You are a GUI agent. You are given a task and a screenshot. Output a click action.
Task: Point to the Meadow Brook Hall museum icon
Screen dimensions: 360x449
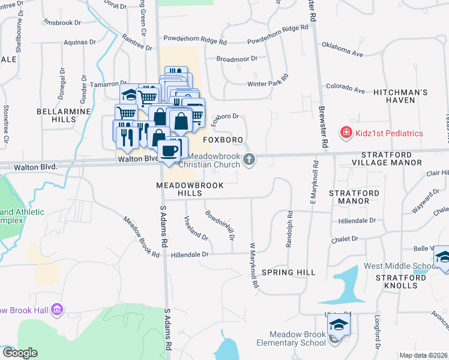(x=58, y=310)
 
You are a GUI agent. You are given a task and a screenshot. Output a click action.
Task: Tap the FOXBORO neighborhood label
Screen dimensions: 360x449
(x=223, y=140)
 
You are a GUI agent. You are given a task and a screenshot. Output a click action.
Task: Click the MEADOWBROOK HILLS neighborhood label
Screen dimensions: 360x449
(x=190, y=190)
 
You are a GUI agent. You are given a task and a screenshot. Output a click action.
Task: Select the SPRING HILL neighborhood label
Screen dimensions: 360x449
(x=293, y=272)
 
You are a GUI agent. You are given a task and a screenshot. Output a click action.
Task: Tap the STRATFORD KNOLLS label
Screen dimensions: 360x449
(x=397, y=281)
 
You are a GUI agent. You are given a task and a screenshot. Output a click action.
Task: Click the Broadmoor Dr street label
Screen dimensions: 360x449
(x=237, y=59)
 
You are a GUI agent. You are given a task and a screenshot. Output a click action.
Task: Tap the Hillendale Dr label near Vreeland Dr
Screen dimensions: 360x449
(x=189, y=254)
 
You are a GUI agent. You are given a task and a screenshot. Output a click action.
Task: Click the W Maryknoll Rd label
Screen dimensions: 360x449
(x=254, y=265)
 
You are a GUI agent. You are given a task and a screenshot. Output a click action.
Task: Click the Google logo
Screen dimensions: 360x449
(x=20, y=353)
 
